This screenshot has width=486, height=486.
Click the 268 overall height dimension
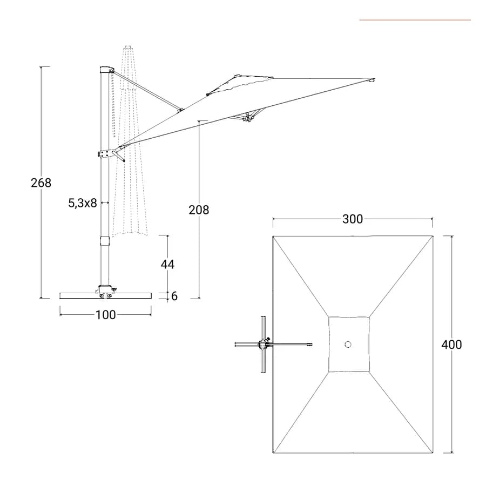[x=41, y=183]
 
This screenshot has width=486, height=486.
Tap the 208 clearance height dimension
[x=199, y=210]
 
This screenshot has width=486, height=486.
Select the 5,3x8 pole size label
[x=83, y=204]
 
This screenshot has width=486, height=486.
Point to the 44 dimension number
[x=167, y=264]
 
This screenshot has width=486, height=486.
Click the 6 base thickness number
[x=174, y=296]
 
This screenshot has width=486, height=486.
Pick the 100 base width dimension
[x=105, y=315]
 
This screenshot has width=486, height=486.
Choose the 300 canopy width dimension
[x=353, y=219]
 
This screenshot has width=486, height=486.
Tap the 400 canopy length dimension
[x=451, y=345]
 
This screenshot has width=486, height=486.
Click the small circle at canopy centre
[x=348, y=345]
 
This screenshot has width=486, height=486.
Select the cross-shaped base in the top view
[x=263, y=345]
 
